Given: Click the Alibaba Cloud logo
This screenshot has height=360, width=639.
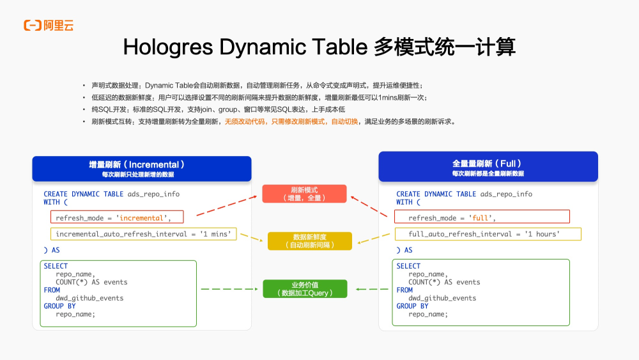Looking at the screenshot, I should click(x=49, y=26).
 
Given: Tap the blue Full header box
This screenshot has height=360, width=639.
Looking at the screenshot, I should click(x=488, y=168).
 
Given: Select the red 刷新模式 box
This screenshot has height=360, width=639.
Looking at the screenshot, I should click(x=304, y=194).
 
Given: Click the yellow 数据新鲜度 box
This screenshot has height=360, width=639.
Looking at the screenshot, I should click(x=309, y=241).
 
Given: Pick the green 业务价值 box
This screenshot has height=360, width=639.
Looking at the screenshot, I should click(x=305, y=289).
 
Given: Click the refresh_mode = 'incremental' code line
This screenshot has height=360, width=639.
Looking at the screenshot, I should click(x=113, y=218).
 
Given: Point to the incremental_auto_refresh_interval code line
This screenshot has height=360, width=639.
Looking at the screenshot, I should click(x=143, y=234).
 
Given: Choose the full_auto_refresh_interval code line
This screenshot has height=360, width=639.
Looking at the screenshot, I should click(x=484, y=234).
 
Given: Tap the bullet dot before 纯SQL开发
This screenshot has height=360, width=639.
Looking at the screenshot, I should click(x=84, y=109).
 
